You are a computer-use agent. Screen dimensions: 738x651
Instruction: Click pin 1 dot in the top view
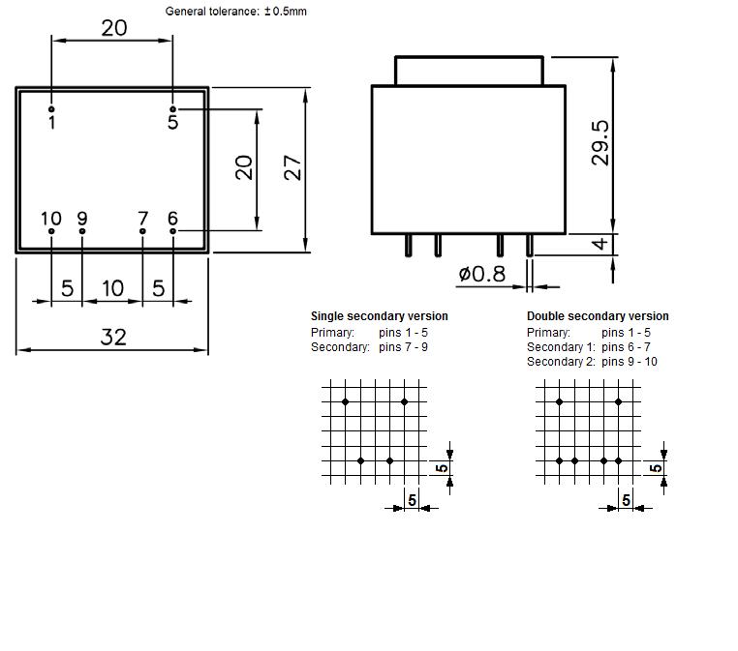(x=51, y=109)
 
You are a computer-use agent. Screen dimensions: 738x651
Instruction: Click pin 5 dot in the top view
(x=172, y=109)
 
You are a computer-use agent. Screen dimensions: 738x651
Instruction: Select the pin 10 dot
(x=51, y=231)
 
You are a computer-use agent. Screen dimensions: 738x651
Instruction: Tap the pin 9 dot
(x=82, y=231)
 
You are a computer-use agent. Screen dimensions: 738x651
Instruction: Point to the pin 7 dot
(x=142, y=231)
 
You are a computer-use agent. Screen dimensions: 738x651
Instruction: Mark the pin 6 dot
(x=172, y=231)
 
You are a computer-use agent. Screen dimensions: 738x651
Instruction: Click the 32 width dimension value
(x=113, y=337)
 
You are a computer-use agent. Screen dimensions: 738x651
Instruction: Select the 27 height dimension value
(x=292, y=167)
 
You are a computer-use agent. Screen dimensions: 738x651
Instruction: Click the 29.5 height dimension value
(x=600, y=143)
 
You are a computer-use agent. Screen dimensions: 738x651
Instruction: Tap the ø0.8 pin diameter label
(x=482, y=274)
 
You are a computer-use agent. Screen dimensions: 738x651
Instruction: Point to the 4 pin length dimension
(x=600, y=244)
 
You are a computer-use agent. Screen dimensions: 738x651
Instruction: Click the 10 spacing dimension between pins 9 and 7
(x=113, y=288)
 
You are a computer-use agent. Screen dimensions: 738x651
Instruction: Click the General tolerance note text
(x=235, y=12)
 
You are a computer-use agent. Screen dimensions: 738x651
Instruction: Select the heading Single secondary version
(x=380, y=316)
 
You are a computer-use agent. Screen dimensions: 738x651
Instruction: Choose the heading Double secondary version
(x=598, y=316)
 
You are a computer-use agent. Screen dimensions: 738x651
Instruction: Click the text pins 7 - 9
(x=403, y=347)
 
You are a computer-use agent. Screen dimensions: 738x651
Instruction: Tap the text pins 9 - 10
(x=630, y=362)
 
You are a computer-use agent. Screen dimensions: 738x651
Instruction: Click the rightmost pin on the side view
(x=530, y=245)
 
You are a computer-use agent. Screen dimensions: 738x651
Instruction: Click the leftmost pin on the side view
(x=409, y=245)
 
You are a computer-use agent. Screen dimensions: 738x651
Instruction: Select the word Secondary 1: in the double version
(x=561, y=347)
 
